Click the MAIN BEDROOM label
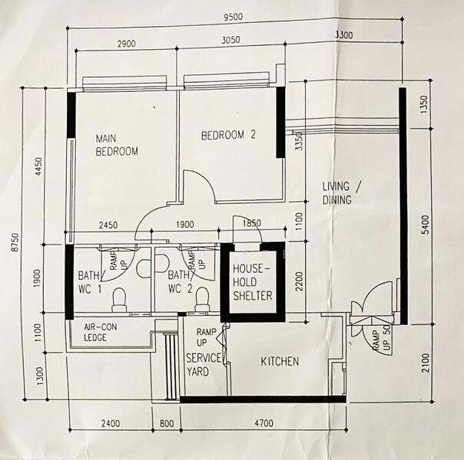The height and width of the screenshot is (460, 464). (117, 145)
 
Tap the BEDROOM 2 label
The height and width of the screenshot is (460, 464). (227, 136)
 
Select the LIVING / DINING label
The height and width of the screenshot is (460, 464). (336, 193)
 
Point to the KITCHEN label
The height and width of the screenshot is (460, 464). (280, 362)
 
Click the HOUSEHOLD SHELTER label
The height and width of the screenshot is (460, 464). (253, 282)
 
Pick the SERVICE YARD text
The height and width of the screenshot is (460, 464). (204, 365)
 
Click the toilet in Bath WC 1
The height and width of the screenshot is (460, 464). (120, 300)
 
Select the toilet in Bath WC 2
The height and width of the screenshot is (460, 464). (202, 299)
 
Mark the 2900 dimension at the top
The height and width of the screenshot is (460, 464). (127, 44)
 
